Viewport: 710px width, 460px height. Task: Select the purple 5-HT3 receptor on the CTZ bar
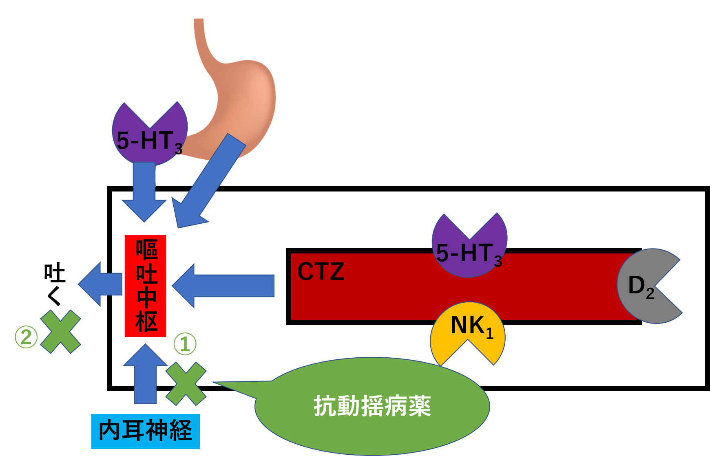click(x=469, y=249)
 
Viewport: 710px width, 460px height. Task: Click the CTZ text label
click(x=321, y=271)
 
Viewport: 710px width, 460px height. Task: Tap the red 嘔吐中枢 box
click(x=145, y=286)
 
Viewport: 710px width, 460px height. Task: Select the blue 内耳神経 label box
click(x=145, y=431)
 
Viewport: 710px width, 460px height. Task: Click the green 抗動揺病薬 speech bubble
click(x=372, y=406)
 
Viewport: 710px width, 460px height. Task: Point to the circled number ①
click(x=185, y=344)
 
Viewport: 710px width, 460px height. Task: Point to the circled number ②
click(x=26, y=337)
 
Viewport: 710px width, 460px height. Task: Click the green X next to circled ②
click(x=60, y=332)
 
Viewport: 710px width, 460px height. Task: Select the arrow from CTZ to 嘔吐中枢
click(x=223, y=286)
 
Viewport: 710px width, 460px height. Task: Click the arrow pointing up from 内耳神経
click(x=145, y=375)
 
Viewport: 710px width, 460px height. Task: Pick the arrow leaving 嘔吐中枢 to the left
click(x=100, y=284)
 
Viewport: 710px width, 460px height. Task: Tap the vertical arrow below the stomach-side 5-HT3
click(x=144, y=189)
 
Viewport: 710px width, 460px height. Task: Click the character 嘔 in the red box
click(x=146, y=250)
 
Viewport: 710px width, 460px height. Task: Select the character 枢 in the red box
click(x=146, y=322)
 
